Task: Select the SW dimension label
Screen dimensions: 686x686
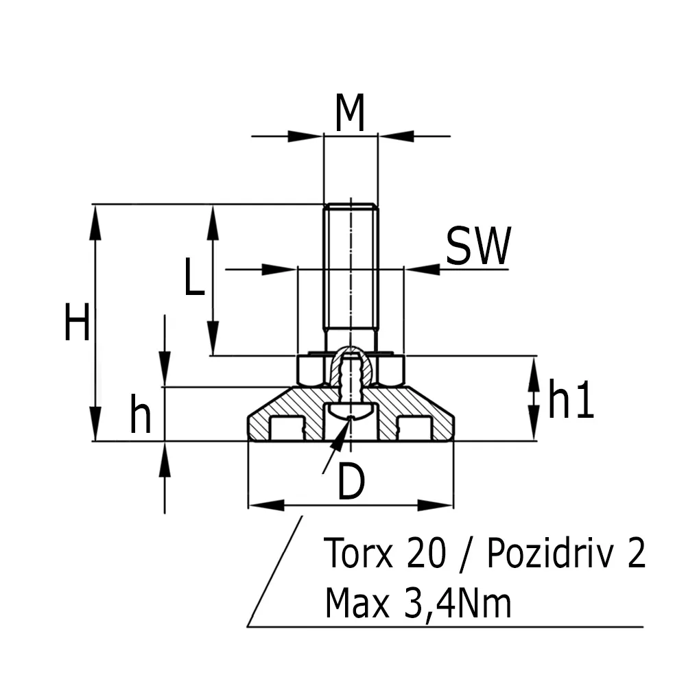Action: click(x=478, y=247)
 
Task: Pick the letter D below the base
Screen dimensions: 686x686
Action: click(x=351, y=484)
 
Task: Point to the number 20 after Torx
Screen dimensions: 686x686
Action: click(x=427, y=554)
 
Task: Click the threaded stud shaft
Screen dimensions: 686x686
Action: click(x=351, y=274)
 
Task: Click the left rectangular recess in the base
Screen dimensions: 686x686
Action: click(x=287, y=429)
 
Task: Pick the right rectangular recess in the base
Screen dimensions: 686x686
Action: click(x=414, y=429)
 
